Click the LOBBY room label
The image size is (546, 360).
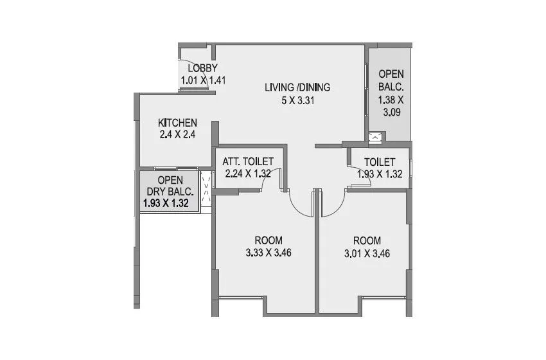point(202,69)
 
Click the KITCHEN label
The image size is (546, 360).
point(177,123)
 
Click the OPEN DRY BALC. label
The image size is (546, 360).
point(170,186)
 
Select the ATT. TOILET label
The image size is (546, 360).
point(248,161)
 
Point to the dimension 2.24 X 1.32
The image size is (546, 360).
point(248,173)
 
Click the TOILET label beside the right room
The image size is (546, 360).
point(379,161)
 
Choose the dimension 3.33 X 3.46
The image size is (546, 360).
point(269,253)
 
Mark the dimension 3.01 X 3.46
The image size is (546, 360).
point(367,253)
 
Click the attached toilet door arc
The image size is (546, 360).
point(267,183)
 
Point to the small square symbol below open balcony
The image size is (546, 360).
point(376,136)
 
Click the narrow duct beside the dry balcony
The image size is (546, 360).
point(206,190)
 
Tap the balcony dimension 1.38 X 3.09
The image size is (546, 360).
point(391,105)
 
